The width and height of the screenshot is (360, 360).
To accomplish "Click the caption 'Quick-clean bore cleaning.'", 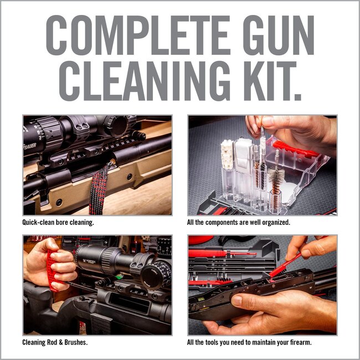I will click(x=58, y=222).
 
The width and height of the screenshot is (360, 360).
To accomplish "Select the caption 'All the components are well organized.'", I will click(x=239, y=222).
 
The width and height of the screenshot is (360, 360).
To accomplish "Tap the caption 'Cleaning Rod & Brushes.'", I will click(x=55, y=342).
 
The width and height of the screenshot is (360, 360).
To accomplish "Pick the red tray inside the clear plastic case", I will click(x=296, y=149).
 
